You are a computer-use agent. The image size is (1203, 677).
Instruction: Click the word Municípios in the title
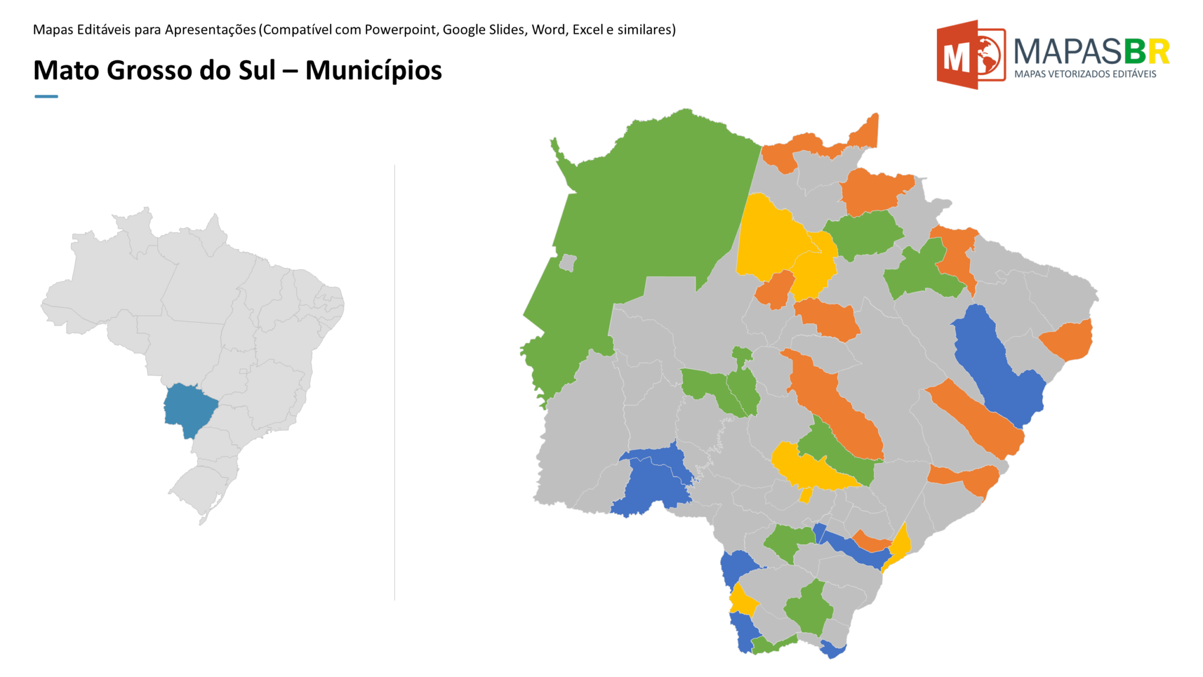coord(373,71)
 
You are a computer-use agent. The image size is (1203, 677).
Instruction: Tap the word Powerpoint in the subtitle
coord(401,29)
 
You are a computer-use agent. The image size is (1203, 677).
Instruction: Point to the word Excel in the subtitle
coord(588,29)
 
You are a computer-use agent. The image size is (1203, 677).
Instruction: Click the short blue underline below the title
coord(46,96)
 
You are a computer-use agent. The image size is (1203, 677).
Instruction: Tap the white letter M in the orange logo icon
coord(956,58)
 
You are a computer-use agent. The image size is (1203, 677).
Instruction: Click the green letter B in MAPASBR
coord(1135,52)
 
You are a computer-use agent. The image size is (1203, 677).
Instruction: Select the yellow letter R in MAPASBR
coord(1159,52)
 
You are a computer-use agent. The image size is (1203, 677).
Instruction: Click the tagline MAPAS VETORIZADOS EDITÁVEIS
coord(1085,74)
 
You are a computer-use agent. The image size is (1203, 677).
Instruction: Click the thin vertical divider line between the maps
coord(395,382)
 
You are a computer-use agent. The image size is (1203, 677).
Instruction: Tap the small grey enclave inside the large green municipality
coord(567,262)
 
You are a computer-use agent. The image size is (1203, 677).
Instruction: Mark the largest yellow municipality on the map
coord(769,241)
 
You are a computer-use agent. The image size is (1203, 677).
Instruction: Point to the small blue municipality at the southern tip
coord(832,649)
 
